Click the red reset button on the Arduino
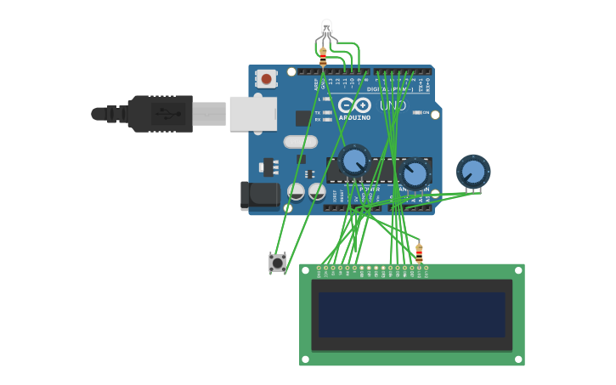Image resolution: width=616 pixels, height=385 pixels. [266, 79]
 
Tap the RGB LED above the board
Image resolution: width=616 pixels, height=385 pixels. [326, 28]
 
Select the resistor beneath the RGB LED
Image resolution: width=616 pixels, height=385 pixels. [323, 57]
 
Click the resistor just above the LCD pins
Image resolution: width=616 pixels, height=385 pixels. [419, 252]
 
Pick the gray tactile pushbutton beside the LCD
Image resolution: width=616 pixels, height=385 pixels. [277, 263]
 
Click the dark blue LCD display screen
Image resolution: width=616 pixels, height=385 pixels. [412, 314]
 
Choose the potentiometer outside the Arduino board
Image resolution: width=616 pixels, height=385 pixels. [472, 172]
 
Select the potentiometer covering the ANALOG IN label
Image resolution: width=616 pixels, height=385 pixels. [414, 174]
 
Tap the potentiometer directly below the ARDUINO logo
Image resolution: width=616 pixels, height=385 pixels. [353, 161]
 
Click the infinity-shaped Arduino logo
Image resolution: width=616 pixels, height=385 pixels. [354, 105]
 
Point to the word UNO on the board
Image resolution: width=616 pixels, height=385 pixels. [393, 105]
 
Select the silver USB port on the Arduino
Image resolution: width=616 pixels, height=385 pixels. [252, 113]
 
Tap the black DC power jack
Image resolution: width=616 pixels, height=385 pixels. [260, 195]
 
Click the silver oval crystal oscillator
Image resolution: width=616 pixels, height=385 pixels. [300, 142]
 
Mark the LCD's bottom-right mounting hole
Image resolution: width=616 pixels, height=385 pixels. [517, 359]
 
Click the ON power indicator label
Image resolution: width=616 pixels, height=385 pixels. [426, 112]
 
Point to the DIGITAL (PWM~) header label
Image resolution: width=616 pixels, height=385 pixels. [390, 89]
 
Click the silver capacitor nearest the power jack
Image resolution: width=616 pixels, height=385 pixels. [296, 192]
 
